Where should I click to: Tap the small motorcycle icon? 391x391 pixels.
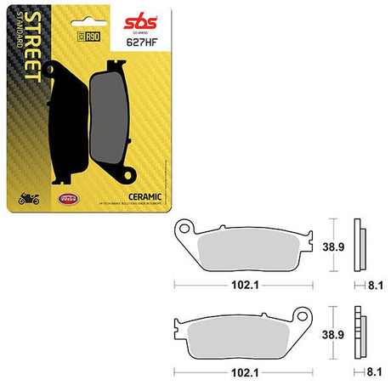coord(29,199)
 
